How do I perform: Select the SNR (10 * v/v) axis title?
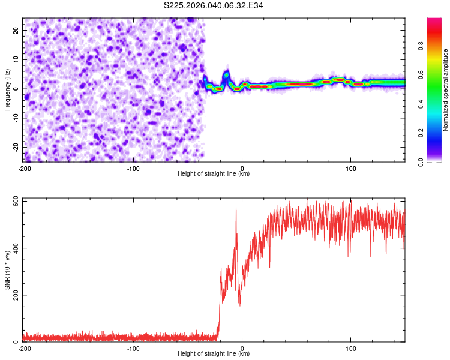[8, 271]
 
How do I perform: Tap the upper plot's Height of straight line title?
[214, 173]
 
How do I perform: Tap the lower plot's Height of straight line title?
[214, 354]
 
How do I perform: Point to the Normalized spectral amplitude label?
[446, 90]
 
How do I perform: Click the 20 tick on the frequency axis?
[16, 30]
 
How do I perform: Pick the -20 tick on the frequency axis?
[15, 147]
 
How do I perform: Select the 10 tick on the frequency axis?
[16, 59]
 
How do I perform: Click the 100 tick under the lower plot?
[351, 348]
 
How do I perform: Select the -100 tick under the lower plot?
[133, 348]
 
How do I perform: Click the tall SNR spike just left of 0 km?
[236, 208]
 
